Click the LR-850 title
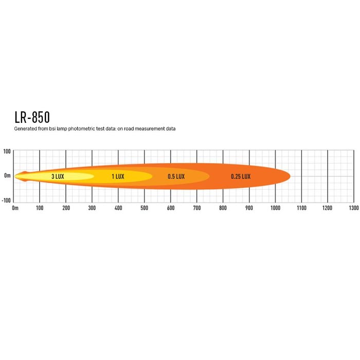click(x=32, y=117)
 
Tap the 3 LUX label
click(x=58, y=176)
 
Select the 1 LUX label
click(x=118, y=176)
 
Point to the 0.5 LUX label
click(x=176, y=176)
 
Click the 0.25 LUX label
click(x=241, y=176)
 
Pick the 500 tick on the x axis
click(x=144, y=208)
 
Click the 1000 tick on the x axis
click(x=275, y=208)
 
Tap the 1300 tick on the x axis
click(x=354, y=208)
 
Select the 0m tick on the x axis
click(x=15, y=208)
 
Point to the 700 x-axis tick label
click(x=197, y=208)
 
